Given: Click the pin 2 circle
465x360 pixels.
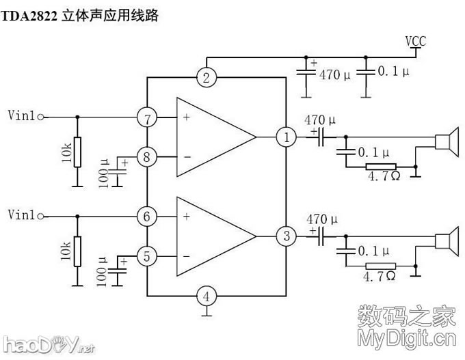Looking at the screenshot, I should (206, 77).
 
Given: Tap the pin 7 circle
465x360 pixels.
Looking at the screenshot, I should (146, 117).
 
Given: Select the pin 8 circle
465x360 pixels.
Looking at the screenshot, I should (146, 157).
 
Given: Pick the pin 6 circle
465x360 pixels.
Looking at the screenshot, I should (146, 217).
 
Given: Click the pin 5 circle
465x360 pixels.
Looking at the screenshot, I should (146, 257).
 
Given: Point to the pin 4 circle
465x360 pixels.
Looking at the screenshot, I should (206, 296).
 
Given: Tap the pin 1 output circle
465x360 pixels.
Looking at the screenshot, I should (286, 137).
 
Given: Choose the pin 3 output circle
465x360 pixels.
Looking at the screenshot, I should (286, 237).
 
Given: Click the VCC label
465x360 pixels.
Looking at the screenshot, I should (415, 42).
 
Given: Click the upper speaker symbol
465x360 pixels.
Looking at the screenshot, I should (446, 141).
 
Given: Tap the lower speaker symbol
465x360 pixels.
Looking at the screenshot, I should (446, 241).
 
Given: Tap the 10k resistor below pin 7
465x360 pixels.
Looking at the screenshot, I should (77, 152).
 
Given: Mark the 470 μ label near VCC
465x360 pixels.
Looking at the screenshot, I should (335, 75).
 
